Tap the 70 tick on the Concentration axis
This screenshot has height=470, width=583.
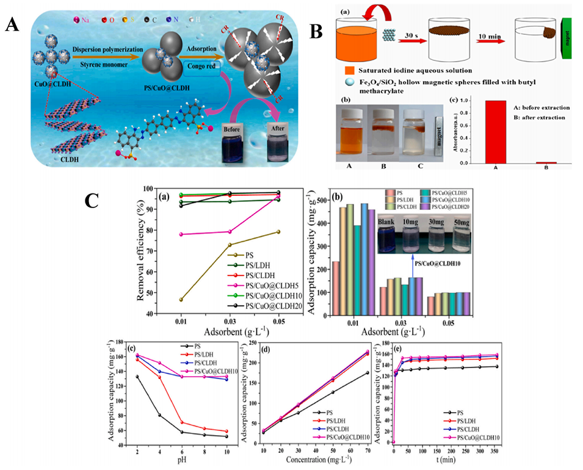point(368,447)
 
